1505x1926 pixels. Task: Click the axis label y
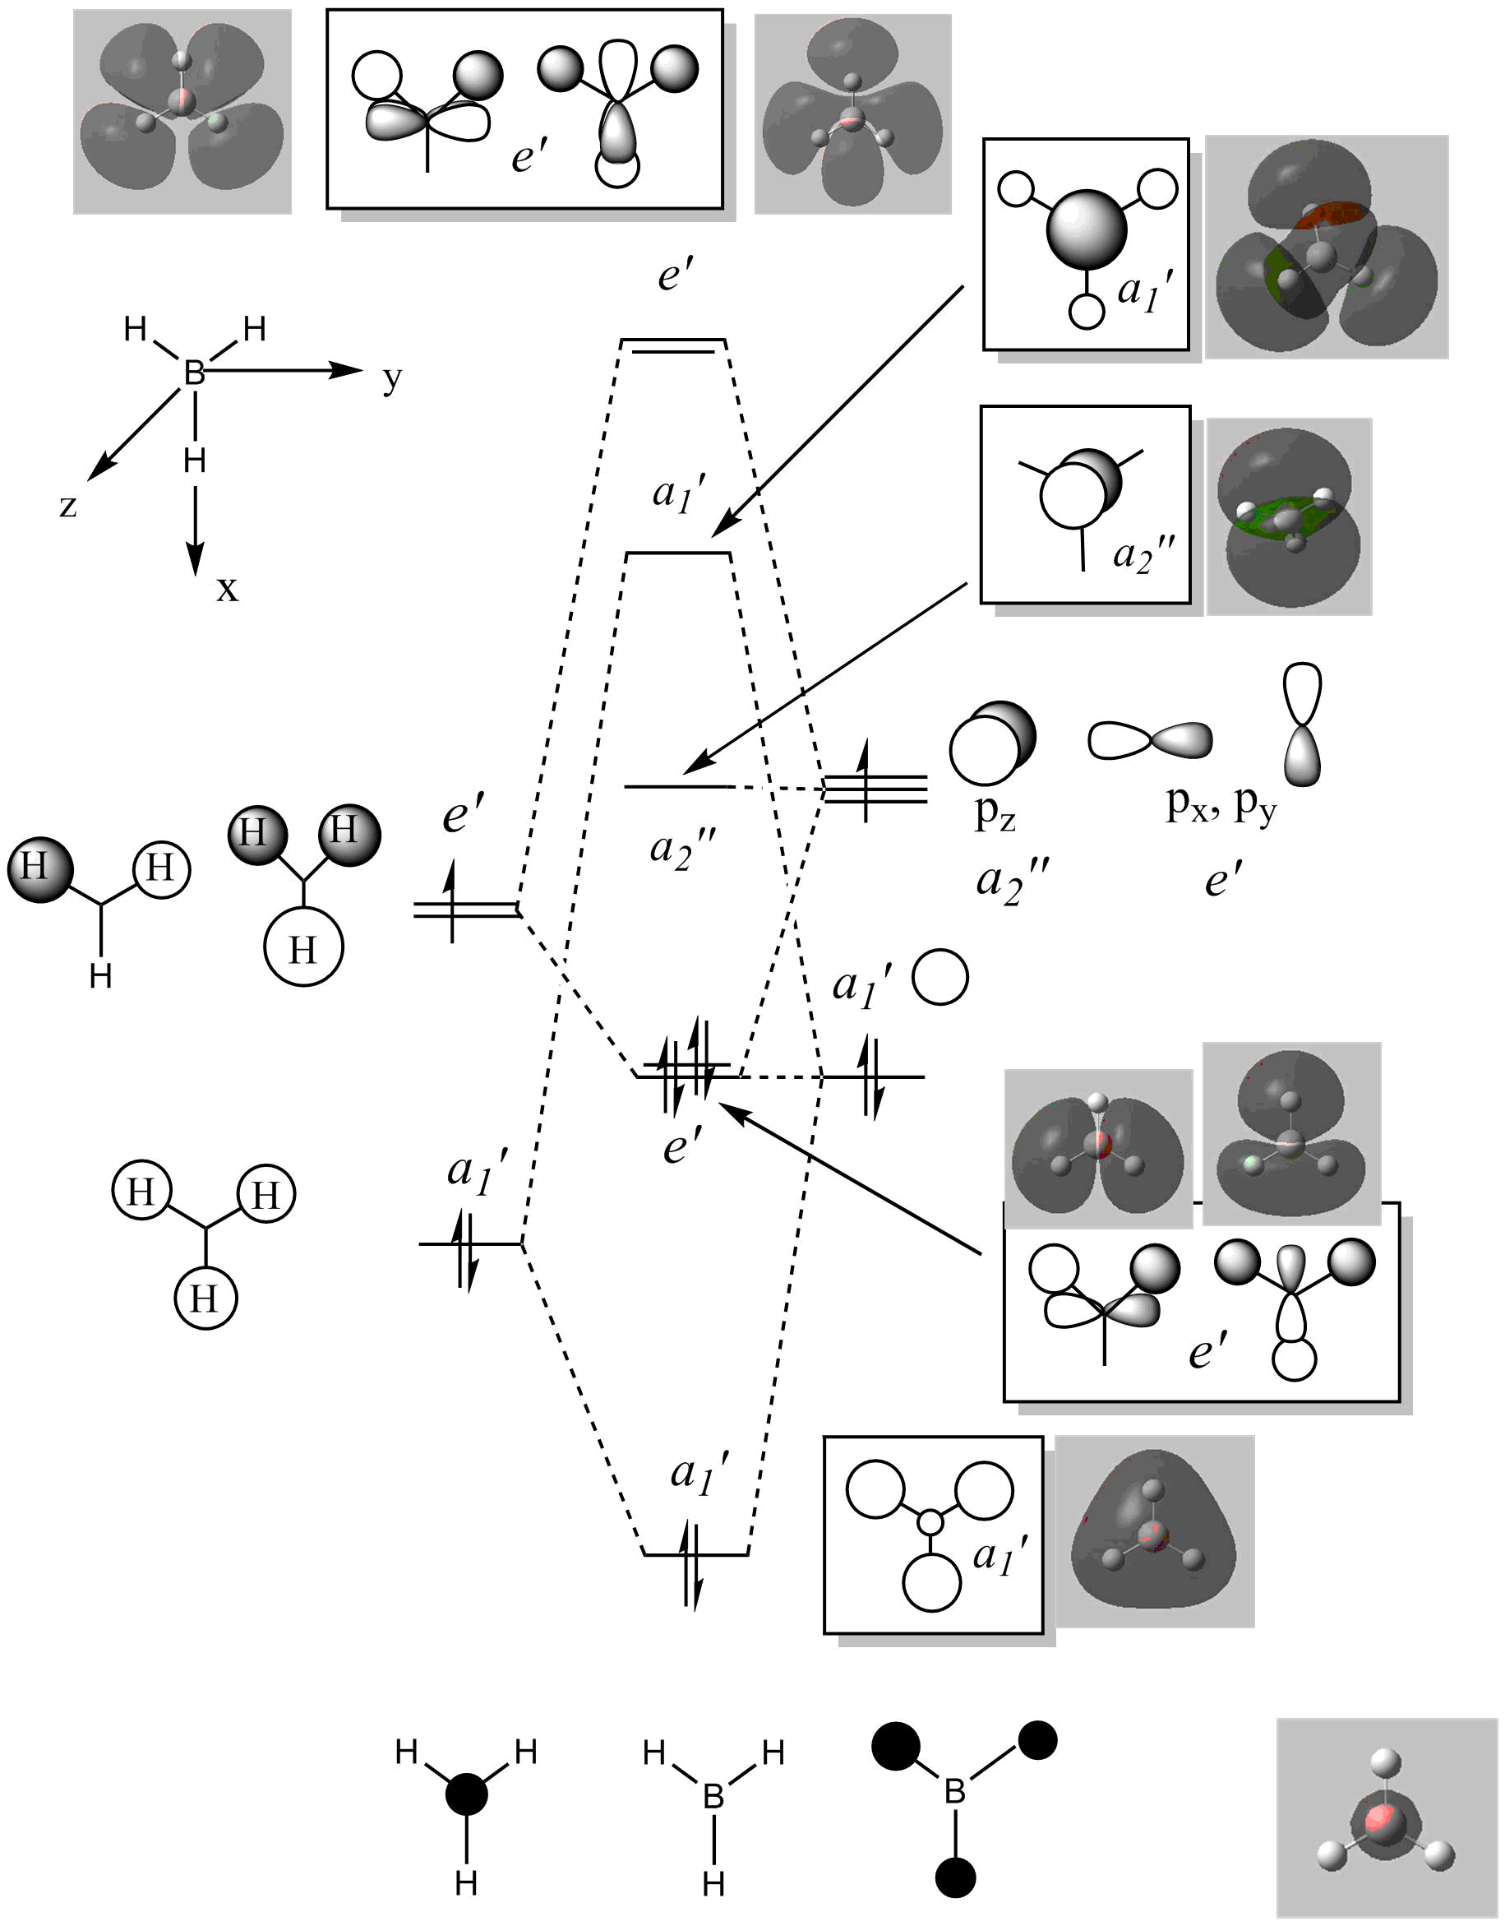pyautogui.click(x=391, y=379)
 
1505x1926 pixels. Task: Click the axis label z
pyautogui.click(x=68, y=507)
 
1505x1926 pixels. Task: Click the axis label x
pyautogui.click(x=227, y=588)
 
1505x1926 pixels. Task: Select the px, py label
pyautogui.click(x=1221, y=804)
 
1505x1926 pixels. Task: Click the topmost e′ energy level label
pyautogui.click(x=676, y=276)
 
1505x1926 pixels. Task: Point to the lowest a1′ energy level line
pyautogui.click(x=696, y=1553)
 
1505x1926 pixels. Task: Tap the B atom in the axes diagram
pyautogui.click(x=194, y=373)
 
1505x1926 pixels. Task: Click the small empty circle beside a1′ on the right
pyautogui.click(x=939, y=977)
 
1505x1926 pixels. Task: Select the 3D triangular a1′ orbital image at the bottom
pyautogui.click(x=1154, y=1531)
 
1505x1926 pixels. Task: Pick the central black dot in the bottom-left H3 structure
pyautogui.click(x=466, y=1794)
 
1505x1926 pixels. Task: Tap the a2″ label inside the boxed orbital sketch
pyautogui.click(x=1143, y=556)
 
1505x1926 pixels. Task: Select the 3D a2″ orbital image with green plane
pyautogui.click(x=1289, y=516)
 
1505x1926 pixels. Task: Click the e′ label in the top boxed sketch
pyautogui.click(x=530, y=157)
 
